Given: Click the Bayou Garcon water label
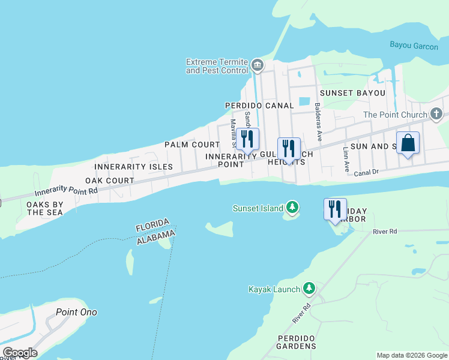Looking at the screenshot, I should [x=414, y=46].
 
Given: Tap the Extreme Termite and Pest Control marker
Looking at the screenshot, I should [x=258, y=65].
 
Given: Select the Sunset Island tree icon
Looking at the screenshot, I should [x=292, y=208].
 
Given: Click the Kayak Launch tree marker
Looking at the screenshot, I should [x=309, y=289].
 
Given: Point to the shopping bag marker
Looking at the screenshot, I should [x=408, y=143].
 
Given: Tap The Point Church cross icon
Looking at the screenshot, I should [x=436, y=114].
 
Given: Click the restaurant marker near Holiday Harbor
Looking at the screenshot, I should [x=335, y=209].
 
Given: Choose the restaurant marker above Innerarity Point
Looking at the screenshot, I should [x=247, y=139].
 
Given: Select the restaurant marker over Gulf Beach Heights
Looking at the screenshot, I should [x=289, y=149].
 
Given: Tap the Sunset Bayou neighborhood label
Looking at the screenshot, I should [x=352, y=93].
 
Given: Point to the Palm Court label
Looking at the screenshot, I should [x=192, y=145].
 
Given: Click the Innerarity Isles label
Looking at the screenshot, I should [x=133, y=166].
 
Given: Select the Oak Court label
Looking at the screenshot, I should [x=109, y=180].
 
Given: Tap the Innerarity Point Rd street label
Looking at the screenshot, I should [x=66, y=192].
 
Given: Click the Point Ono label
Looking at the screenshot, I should [x=76, y=312].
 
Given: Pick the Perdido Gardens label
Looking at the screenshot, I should [x=297, y=342].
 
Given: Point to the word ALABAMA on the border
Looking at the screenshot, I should [x=155, y=236].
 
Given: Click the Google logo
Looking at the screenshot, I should [x=20, y=353].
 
